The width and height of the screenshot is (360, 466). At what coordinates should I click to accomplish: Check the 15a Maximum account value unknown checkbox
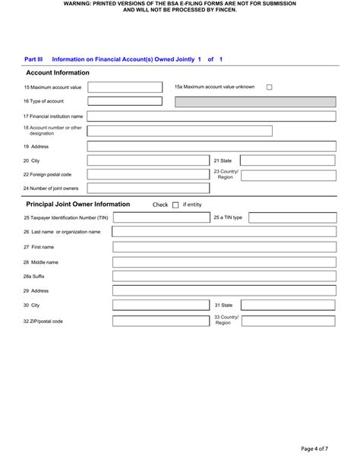coord(270,87)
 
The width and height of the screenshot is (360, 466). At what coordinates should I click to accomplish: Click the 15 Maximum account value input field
coord(125,87)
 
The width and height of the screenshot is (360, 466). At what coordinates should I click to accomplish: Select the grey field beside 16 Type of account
coord(249,101)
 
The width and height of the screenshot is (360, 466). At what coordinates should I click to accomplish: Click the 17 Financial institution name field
coord(212,116)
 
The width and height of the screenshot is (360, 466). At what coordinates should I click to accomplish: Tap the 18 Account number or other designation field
coord(179,131)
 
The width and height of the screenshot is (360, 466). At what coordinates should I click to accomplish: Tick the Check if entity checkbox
coord(175,204)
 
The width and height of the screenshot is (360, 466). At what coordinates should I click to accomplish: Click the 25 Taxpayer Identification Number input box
coord(159,217)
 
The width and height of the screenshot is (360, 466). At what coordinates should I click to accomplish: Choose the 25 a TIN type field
coord(292,217)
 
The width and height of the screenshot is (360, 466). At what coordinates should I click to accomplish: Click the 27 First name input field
coord(224,247)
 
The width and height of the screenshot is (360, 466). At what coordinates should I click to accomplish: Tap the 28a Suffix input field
coord(224,276)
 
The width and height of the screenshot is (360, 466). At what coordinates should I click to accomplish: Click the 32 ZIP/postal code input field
coord(159,321)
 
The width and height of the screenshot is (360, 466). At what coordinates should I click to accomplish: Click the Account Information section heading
coord(58,73)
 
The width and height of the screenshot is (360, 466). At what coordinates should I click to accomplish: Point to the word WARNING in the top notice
coord(80,4)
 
